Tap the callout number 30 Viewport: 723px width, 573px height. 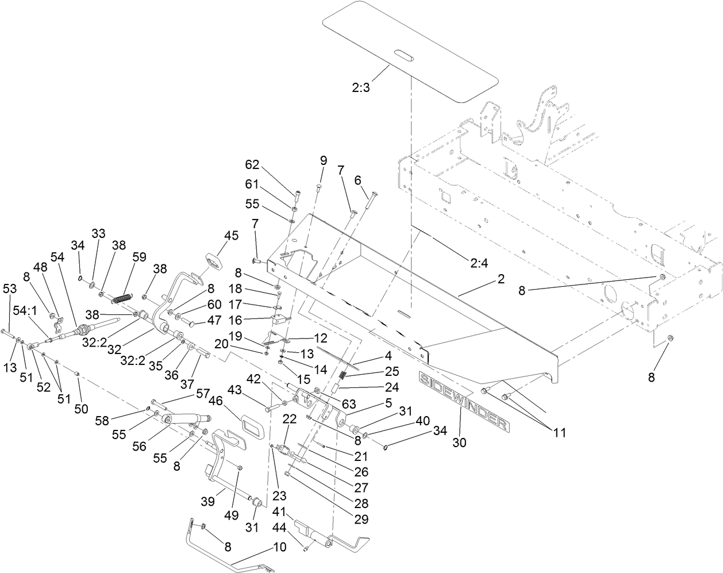point(460,443)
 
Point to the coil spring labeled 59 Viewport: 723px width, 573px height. point(122,299)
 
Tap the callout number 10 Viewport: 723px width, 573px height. point(280,547)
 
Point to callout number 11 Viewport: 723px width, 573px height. point(556,433)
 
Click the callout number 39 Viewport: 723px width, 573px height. point(207,501)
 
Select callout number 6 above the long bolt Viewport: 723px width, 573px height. point(357,180)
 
